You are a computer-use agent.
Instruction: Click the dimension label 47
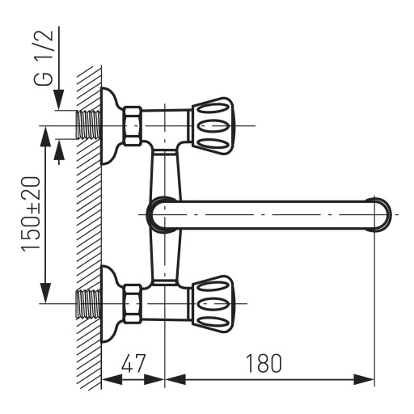tap(133, 363)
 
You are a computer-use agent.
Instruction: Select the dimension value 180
tap(264, 363)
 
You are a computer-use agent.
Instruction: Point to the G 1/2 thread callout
tap(44, 57)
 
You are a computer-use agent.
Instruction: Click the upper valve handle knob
tap(212, 125)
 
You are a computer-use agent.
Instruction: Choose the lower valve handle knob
tap(212, 304)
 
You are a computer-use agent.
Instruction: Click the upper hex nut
tap(133, 125)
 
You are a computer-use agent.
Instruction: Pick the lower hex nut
tap(133, 304)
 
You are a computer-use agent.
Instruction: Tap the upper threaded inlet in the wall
tap(89, 125)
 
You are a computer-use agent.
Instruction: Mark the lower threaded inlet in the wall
tap(89, 304)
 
